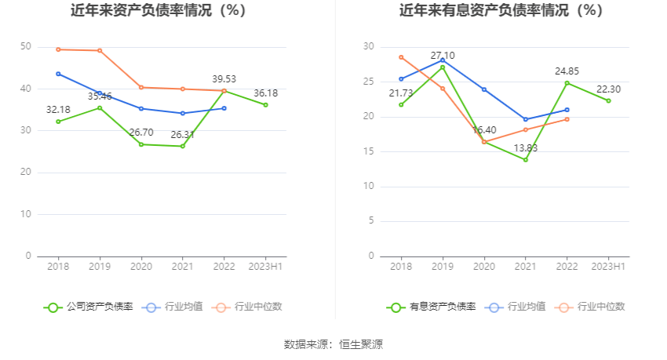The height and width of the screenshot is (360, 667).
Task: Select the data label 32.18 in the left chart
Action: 58,108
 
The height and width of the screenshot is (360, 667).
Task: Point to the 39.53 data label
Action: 224,78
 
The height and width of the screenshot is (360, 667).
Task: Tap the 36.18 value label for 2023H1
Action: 266,93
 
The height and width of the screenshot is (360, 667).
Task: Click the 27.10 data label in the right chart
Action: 443,56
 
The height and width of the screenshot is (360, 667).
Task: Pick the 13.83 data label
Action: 525,147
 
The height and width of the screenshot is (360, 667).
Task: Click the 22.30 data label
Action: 608,89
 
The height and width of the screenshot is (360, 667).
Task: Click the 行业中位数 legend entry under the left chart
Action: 246,307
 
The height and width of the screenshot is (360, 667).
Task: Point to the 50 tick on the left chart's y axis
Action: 26,47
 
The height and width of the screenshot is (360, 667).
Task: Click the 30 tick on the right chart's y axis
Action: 369,47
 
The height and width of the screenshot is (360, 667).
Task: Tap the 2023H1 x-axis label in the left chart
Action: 265,267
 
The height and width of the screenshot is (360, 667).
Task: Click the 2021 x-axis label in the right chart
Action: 525,267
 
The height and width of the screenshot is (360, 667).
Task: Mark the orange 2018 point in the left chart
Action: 58,49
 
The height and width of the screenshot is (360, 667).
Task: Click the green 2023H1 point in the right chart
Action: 608,100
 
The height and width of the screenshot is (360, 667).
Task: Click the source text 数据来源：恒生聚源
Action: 333,344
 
